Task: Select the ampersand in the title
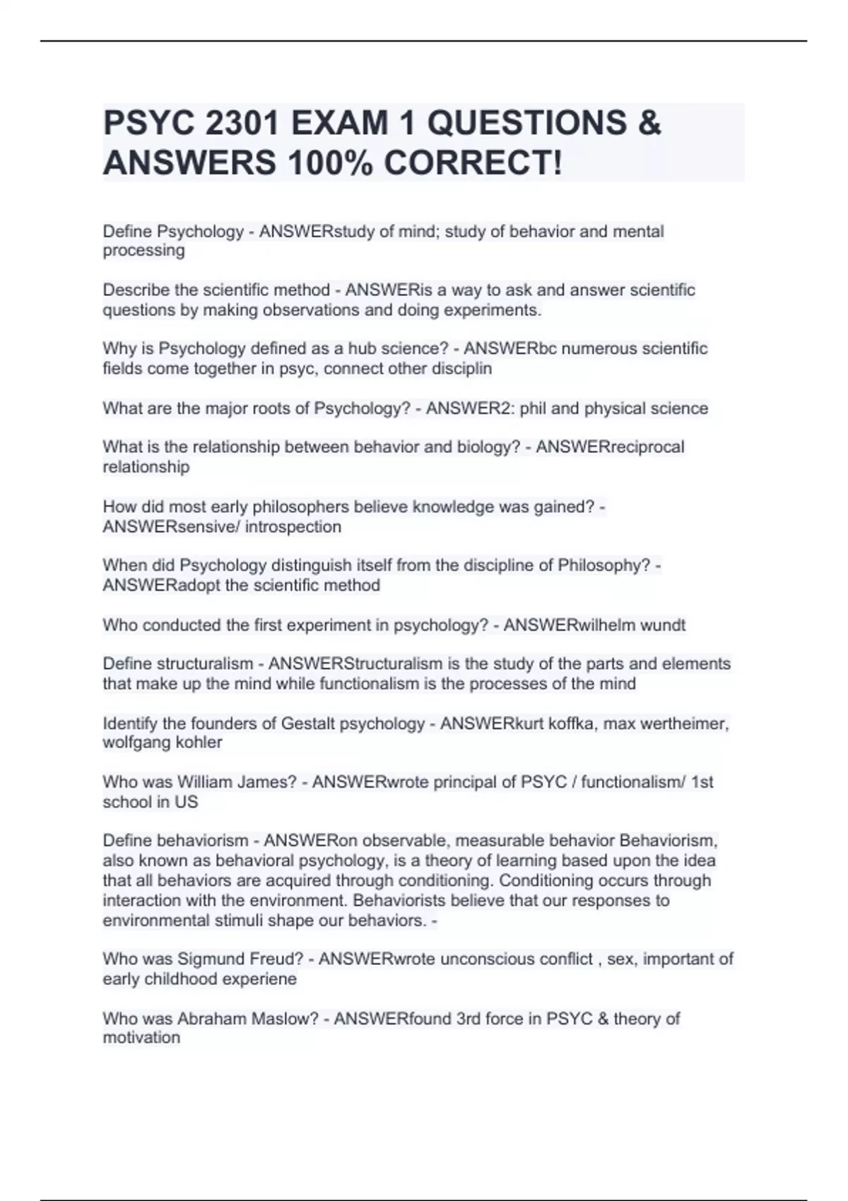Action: click(x=649, y=124)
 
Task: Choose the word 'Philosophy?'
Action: click(x=604, y=565)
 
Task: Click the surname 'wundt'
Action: click(x=662, y=625)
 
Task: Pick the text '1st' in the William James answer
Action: click(x=702, y=782)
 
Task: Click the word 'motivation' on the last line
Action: click(x=141, y=1038)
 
